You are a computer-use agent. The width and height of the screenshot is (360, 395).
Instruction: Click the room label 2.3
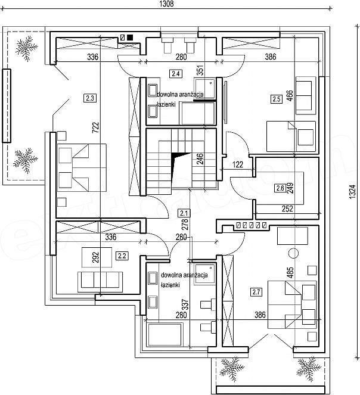[x=90, y=98]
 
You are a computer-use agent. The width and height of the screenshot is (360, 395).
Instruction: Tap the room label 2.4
[x=176, y=74]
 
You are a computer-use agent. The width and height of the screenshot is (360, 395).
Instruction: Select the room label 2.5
[x=277, y=99]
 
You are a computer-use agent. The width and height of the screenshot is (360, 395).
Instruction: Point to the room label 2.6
[x=280, y=188]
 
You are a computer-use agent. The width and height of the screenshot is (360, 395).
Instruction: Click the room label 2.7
[x=256, y=292]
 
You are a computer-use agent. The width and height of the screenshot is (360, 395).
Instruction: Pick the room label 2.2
[x=122, y=256]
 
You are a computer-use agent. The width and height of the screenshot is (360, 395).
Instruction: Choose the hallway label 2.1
[x=184, y=213]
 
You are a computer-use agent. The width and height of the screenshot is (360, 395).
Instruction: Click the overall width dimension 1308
[x=167, y=4]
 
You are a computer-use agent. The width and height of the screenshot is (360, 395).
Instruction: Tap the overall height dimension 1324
[x=352, y=192]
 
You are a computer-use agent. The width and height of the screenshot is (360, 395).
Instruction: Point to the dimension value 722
[x=95, y=127]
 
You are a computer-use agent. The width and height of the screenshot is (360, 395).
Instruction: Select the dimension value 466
[x=290, y=96]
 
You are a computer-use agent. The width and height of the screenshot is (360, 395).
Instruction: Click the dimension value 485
[x=290, y=273]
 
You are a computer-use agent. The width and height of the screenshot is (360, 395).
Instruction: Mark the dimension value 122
[x=238, y=165]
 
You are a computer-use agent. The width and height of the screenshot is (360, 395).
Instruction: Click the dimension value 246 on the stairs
[x=200, y=158]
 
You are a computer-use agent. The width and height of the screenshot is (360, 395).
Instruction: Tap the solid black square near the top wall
[x=130, y=38]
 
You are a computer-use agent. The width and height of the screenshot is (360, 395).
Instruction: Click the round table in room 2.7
[x=293, y=253]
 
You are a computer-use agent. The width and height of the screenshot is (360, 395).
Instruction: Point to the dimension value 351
[x=200, y=70]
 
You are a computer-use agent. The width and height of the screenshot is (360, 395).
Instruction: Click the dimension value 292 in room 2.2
[x=95, y=257]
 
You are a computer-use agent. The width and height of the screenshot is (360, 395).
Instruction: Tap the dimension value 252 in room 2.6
[x=287, y=209]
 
